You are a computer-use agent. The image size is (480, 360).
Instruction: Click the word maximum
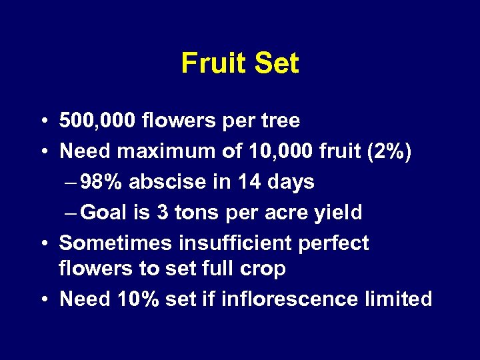point(167,151)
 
